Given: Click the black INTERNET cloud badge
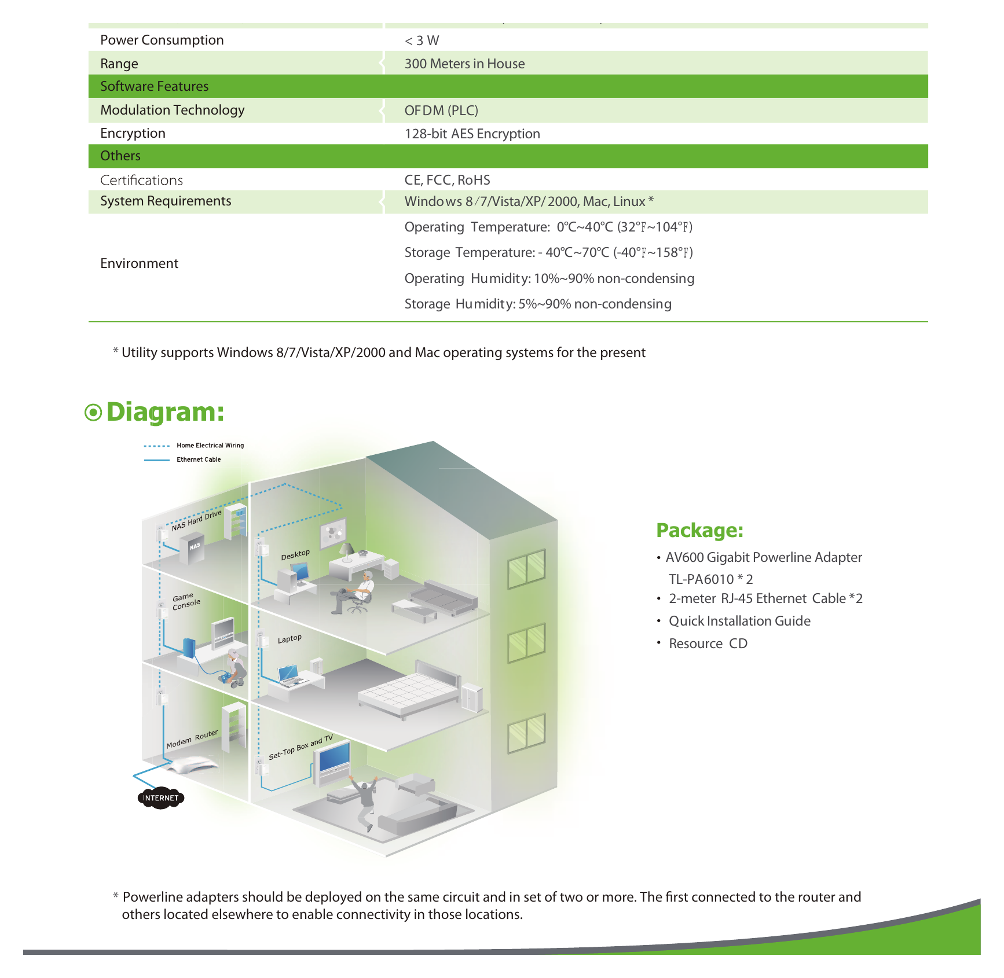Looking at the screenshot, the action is click(x=161, y=798).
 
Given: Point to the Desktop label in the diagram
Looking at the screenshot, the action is click(x=295, y=554).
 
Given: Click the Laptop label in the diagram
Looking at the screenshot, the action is click(x=290, y=639).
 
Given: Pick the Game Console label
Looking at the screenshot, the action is click(x=186, y=601).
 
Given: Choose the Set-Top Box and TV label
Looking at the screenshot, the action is click(x=301, y=747).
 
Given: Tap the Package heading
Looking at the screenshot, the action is click(x=699, y=530).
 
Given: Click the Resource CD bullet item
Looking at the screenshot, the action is click(x=708, y=644).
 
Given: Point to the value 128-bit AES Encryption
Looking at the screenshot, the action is click(x=472, y=134).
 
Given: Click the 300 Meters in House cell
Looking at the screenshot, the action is click(x=464, y=64).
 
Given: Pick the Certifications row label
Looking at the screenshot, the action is click(x=141, y=180).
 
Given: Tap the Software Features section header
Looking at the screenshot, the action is click(x=154, y=86).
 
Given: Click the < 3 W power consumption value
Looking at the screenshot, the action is click(x=422, y=41).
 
